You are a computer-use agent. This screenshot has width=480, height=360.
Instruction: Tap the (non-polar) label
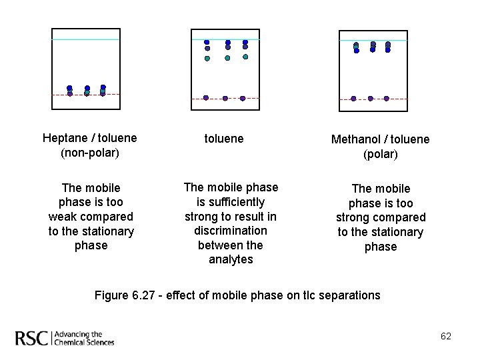pyautogui.click(x=89, y=153)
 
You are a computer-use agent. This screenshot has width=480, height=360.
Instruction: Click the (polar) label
pyautogui.click(x=381, y=154)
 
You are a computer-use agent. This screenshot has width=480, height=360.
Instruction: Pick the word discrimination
pyautogui.click(x=231, y=231)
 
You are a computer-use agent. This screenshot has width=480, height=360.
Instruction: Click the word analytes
pyautogui.click(x=231, y=259)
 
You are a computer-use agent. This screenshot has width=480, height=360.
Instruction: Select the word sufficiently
pyautogui.click(x=231, y=202)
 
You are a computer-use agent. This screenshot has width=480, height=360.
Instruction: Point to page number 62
pyautogui.click(x=446, y=336)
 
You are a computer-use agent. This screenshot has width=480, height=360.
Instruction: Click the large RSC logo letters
pyautogui.click(x=32, y=338)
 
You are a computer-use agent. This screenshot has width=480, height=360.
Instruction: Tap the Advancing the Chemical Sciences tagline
pyautogui.click(x=83, y=339)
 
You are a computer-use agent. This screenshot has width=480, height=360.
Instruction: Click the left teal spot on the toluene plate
pyautogui.click(x=207, y=59)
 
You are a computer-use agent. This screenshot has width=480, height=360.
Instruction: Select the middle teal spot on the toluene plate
pyautogui.click(x=227, y=58)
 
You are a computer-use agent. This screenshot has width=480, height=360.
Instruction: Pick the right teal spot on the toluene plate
pyautogui.click(x=245, y=57)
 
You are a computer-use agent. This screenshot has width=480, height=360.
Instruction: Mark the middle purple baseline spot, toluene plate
pyautogui.click(x=225, y=98)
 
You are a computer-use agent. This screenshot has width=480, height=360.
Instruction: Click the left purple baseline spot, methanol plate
pyautogui.click(x=353, y=99)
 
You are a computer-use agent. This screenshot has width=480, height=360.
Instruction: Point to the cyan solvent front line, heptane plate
pyautogui.click(x=87, y=39)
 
